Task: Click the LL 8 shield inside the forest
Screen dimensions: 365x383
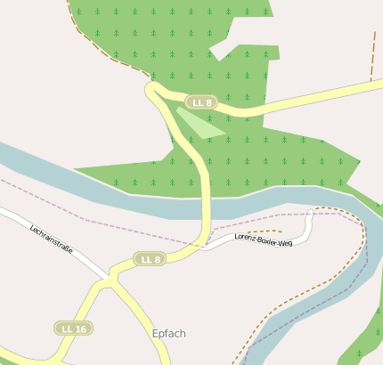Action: pos(202,102)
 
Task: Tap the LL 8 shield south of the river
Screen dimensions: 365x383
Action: pos(150,259)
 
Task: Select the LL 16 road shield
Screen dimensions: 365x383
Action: pos(74,328)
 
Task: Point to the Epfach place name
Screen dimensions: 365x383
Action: pos(168,334)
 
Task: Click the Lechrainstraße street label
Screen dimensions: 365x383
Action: pos(51,239)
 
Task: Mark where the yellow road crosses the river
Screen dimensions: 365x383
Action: pos(207,208)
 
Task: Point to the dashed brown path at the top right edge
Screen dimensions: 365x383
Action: pos(373,53)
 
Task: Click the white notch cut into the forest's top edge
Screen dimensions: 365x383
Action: pos(223,52)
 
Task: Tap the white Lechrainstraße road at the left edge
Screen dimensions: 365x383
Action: pos(4,213)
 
